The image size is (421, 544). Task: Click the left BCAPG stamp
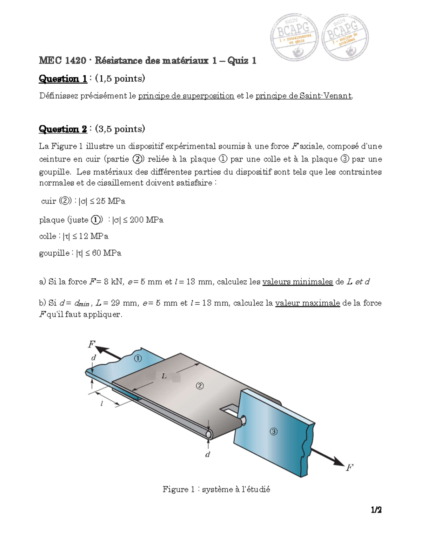click(x=294, y=37)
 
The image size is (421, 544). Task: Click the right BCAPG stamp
click(x=345, y=37)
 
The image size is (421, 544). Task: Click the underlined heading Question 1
click(x=63, y=78)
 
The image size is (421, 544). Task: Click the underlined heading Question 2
click(x=63, y=129)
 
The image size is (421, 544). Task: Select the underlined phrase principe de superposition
click(x=186, y=96)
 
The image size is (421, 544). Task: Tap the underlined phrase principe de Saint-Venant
click(x=303, y=96)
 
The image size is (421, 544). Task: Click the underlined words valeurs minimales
click(x=297, y=282)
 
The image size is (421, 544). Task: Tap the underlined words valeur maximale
click(x=307, y=303)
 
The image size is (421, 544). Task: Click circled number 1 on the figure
click(x=138, y=358)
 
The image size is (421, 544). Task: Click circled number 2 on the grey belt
click(x=199, y=386)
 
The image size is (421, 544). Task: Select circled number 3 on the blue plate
click(x=273, y=432)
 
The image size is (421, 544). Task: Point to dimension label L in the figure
click(x=164, y=377)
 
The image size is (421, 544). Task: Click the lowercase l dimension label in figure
click(x=102, y=404)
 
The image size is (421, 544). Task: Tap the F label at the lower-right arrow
click(x=349, y=467)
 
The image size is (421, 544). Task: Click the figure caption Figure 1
click(x=216, y=489)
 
